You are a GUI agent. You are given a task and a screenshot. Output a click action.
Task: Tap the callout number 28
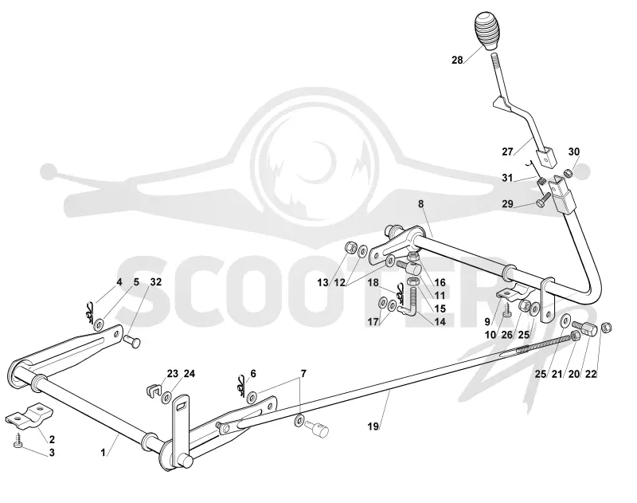pyautogui.click(x=457, y=60)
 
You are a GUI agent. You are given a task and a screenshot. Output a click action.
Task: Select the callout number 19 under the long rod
pyautogui.click(x=373, y=426)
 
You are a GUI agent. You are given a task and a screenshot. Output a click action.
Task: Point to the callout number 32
pyautogui.click(x=156, y=282)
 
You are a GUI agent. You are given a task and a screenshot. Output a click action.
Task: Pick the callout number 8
pyautogui.click(x=421, y=204)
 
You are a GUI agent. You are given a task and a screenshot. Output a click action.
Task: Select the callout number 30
pyautogui.click(x=573, y=151)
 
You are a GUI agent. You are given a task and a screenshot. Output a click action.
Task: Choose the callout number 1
pyautogui.click(x=104, y=452)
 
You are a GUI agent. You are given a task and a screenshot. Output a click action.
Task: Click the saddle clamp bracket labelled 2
pyautogui.click(x=29, y=415)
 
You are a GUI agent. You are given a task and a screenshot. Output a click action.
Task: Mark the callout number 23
pyautogui.click(x=173, y=373)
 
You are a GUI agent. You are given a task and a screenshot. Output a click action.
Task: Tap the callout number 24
pyautogui.click(x=190, y=373)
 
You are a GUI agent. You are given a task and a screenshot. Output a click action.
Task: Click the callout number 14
pyautogui.click(x=440, y=321)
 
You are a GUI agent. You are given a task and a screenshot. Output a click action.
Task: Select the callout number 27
pyautogui.click(x=507, y=151)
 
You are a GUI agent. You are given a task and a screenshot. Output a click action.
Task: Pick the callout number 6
pyautogui.click(x=253, y=373)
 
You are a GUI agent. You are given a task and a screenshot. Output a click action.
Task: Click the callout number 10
pyautogui.click(x=490, y=335)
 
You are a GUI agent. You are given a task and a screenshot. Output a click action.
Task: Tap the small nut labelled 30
pyautogui.click(x=569, y=174)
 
